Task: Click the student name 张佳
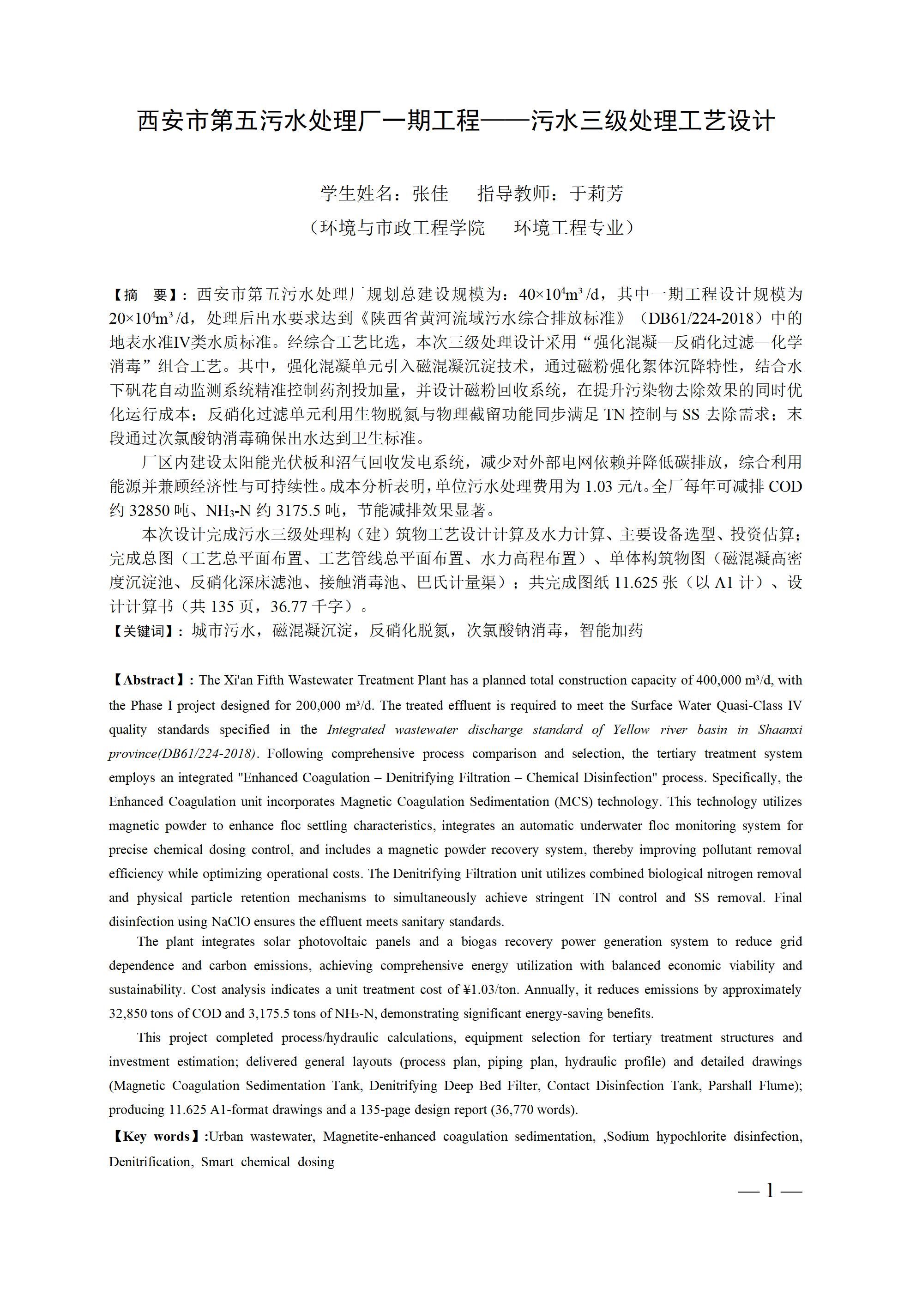(x=431, y=194)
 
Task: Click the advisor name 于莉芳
(x=597, y=194)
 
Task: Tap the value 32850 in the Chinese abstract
(x=150, y=511)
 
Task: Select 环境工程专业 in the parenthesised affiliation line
(x=569, y=228)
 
